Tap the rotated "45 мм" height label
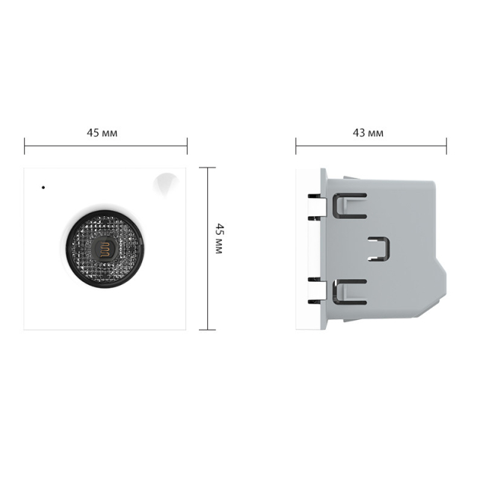click(x=218, y=238)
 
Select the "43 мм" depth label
click(x=368, y=132)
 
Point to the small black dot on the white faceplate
click(x=43, y=186)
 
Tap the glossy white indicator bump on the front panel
click(x=167, y=181)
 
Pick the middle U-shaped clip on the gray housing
click(x=383, y=249)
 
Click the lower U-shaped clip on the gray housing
click(x=350, y=292)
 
